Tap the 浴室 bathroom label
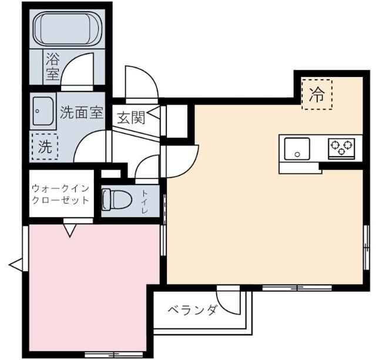click(52, 66)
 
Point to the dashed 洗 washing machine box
click(45, 147)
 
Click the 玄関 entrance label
click(130, 117)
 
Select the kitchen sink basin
click(297, 148)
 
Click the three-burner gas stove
click(341, 147)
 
